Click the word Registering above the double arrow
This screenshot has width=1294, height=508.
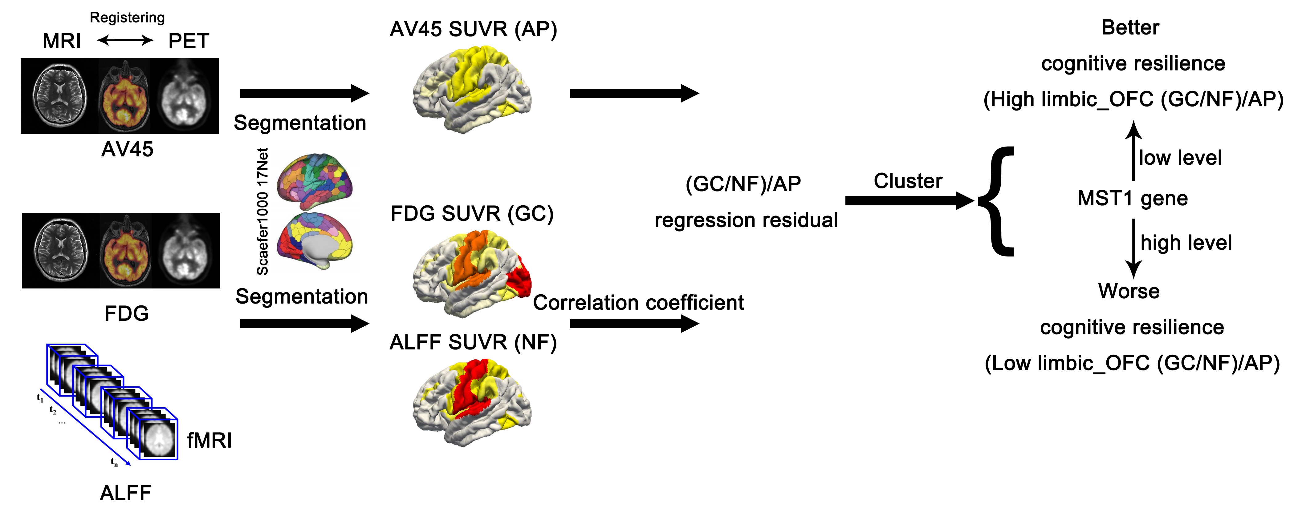point(127,18)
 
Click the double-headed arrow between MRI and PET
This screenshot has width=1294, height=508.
point(125,40)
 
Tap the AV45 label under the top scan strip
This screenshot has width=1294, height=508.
point(127,149)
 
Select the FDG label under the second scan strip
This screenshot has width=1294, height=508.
point(127,313)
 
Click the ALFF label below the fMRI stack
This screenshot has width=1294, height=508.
point(126,493)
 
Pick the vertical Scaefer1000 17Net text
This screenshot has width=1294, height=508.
point(262,211)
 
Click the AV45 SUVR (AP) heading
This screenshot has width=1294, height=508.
point(473,29)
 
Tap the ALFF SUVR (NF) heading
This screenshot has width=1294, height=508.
point(473,342)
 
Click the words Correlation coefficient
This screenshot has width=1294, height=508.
point(638,303)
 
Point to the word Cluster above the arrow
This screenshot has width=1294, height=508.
point(908,181)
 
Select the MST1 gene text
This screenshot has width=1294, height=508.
point(1132,198)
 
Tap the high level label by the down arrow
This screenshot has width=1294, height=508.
point(1186,243)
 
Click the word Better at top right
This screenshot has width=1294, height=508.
point(1130,28)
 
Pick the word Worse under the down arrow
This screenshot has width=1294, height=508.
point(1129,291)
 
